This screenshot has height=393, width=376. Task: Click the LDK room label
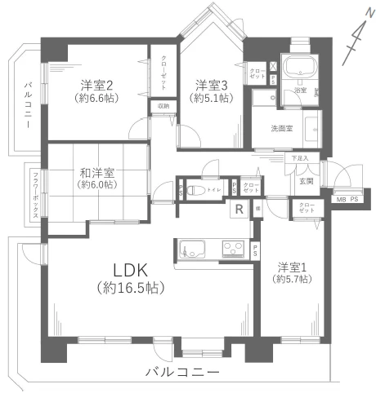[x=130, y=270]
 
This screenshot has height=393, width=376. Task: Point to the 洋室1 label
[x=293, y=266]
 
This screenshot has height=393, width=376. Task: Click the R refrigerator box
[x=239, y=209]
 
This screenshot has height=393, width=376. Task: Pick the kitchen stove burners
[x=232, y=248]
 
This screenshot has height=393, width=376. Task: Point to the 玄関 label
[x=305, y=181]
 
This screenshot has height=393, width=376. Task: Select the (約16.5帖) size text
[x=130, y=288]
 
